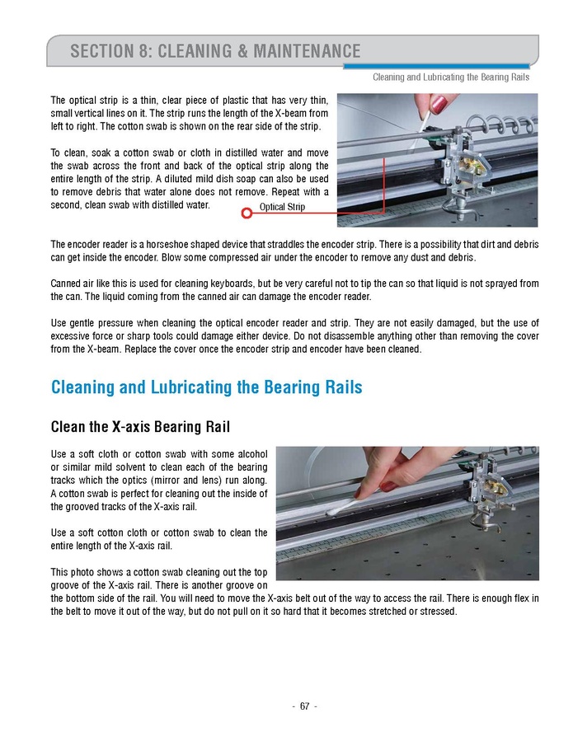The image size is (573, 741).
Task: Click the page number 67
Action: point(304,706)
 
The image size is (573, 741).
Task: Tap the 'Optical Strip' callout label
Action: point(282,208)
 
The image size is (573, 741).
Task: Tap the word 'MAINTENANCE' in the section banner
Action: point(295,52)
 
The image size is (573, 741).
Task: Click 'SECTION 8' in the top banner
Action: point(110,52)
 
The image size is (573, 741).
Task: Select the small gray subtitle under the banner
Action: point(451,77)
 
